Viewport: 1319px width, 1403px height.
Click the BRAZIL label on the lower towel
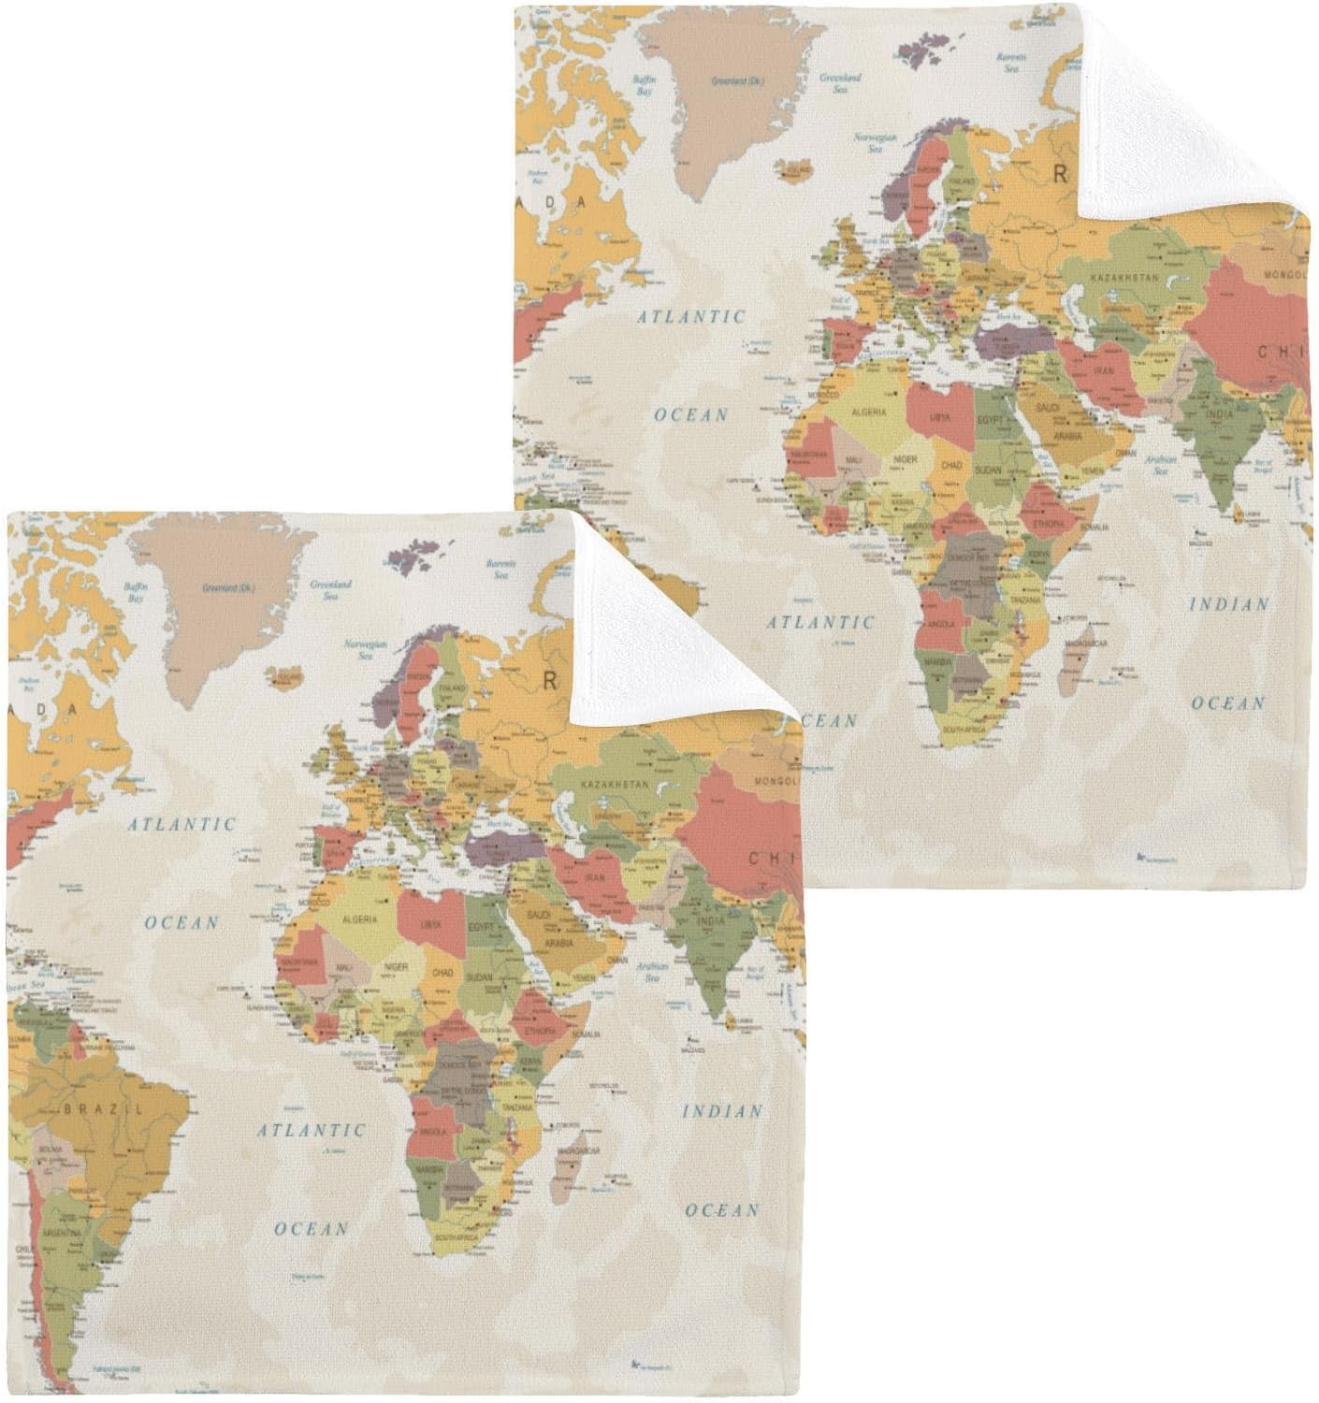pos(103,1109)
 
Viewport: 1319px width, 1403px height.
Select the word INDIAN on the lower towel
pos(721,1112)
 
